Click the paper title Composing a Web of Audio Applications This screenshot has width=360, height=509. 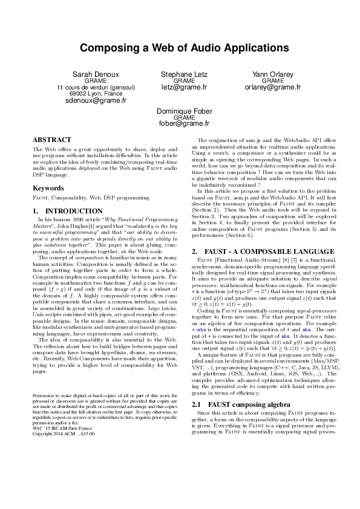tap(180, 48)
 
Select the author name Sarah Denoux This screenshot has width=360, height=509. tap(96, 74)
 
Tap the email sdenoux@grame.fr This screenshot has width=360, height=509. tap(96, 101)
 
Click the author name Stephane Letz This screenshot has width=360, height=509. tap(184, 74)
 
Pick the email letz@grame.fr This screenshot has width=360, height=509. tap(184, 87)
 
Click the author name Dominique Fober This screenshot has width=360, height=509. tap(184, 111)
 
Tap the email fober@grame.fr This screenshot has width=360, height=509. tap(184, 124)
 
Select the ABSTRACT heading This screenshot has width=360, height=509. tap(51, 139)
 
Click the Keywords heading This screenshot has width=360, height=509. tap(48, 188)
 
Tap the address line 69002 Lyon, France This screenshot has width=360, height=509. tap(96, 94)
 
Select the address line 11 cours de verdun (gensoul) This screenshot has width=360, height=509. tap(96, 87)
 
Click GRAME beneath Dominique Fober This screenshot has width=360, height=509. tap(184, 118)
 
